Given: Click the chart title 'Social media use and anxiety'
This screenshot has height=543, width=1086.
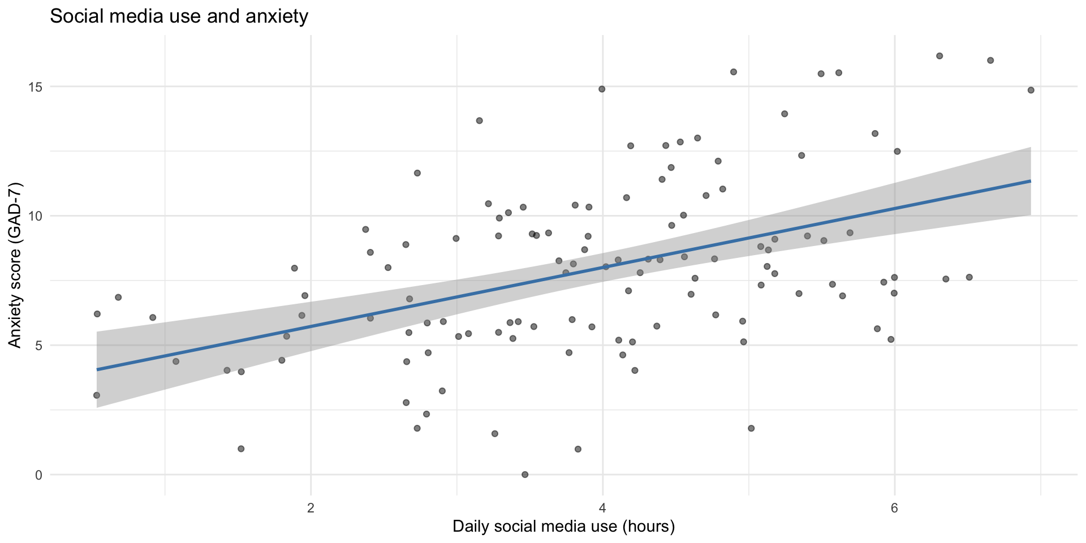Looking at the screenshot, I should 179,16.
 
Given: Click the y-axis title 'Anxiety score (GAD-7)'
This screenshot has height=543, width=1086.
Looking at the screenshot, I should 15,265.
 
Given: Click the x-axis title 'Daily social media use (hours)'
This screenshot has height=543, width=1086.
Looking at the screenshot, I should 563,527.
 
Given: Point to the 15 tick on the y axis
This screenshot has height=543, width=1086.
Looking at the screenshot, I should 35,87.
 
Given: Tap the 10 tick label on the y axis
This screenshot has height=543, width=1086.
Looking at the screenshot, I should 35,216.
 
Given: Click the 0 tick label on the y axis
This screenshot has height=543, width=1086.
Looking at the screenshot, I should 38,475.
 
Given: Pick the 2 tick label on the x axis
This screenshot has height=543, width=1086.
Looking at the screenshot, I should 311,507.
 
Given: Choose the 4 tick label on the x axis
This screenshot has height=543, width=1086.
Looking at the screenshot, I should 602,507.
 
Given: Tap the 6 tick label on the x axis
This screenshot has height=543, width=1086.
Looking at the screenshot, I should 894,507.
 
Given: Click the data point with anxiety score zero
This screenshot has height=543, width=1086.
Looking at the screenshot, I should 525,475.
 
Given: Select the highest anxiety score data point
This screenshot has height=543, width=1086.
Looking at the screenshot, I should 940,56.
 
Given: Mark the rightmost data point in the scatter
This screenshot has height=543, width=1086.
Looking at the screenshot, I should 1031,90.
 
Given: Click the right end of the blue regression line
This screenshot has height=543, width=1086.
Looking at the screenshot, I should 1031,181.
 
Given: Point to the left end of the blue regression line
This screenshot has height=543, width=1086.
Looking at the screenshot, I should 97,369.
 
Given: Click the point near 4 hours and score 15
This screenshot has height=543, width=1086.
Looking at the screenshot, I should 602,89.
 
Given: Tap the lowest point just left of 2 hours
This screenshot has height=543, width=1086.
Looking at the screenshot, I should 241,449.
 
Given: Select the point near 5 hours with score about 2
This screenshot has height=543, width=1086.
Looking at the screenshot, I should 751,428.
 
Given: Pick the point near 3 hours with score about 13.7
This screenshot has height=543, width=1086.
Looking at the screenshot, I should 479,120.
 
